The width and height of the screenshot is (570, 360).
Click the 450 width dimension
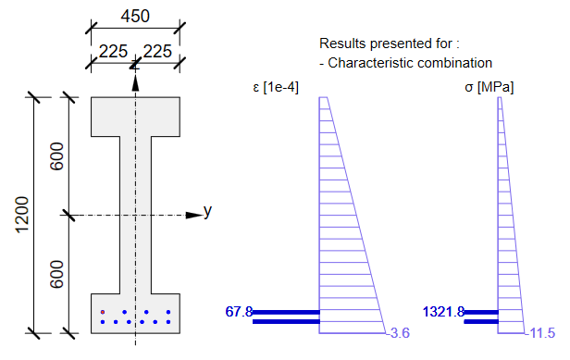135,17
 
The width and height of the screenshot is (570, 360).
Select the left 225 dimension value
112,51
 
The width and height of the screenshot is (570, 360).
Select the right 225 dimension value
157,51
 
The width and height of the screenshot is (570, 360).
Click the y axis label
208,211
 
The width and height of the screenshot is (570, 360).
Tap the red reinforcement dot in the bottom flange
103,312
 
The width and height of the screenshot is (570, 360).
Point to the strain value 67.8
239,312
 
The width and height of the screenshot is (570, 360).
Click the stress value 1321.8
442,312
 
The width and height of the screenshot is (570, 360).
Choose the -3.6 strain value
398,333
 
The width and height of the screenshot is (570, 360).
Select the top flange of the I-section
135,116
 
